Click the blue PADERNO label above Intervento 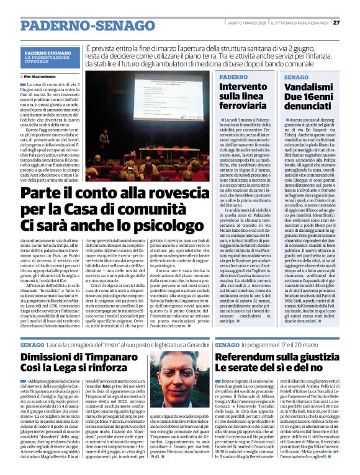click(x=233, y=77)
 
